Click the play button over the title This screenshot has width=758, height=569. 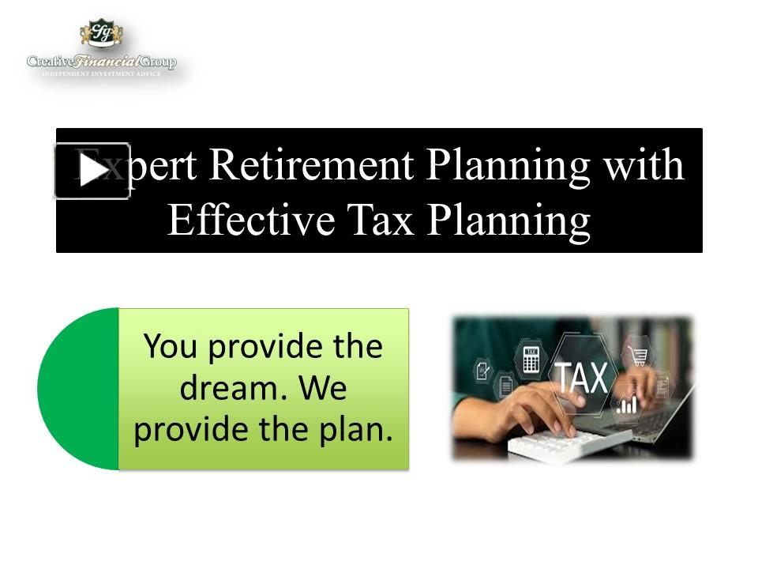[92, 171]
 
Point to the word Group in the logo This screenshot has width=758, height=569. [159, 62]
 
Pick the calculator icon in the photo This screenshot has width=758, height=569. [531, 360]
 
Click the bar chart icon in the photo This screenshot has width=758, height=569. [629, 405]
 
